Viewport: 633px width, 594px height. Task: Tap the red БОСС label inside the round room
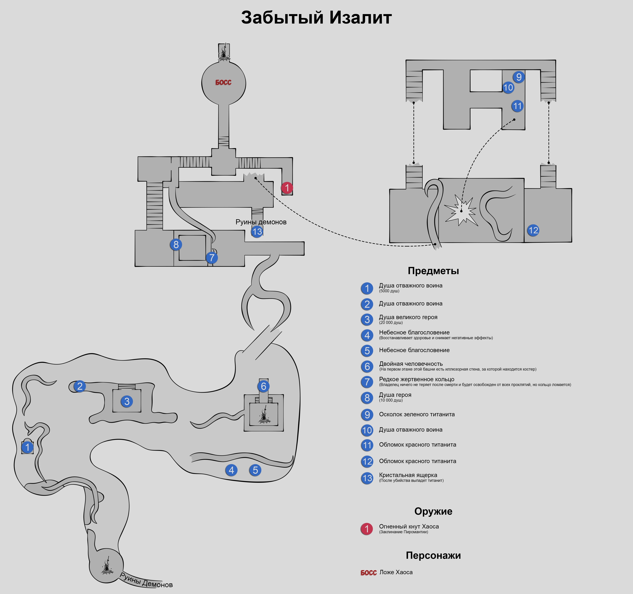coord(223,82)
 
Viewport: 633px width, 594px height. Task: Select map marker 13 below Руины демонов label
coord(257,232)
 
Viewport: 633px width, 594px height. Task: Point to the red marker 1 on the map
coord(287,188)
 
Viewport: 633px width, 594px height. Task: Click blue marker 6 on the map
coord(263,386)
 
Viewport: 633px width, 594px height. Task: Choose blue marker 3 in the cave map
coord(127,401)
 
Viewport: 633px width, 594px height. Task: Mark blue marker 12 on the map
coord(533,230)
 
